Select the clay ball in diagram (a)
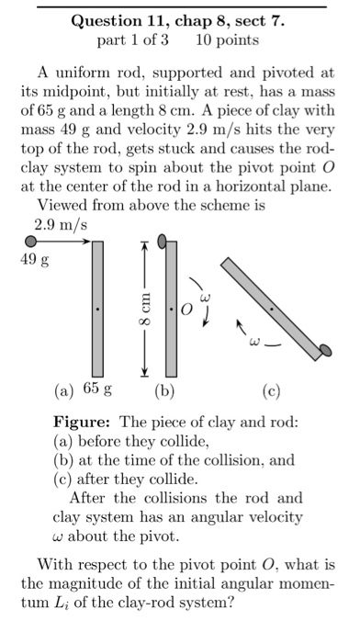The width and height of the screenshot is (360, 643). point(31,242)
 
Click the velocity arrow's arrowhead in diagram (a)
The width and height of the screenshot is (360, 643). point(86,242)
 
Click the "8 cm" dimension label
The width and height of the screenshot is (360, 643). point(143,309)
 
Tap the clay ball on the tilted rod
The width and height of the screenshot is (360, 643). point(324,350)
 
